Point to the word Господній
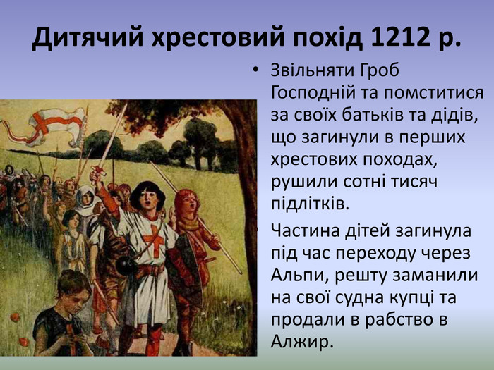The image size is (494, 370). (x=314, y=93)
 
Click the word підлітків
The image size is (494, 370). (x=311, y=204)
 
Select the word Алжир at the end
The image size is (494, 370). (x=301, y=343)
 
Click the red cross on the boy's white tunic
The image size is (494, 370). (x=154, y=241)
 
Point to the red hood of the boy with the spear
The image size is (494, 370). (x=186, y=202)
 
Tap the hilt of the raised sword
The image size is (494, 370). (x=97, y=173)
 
